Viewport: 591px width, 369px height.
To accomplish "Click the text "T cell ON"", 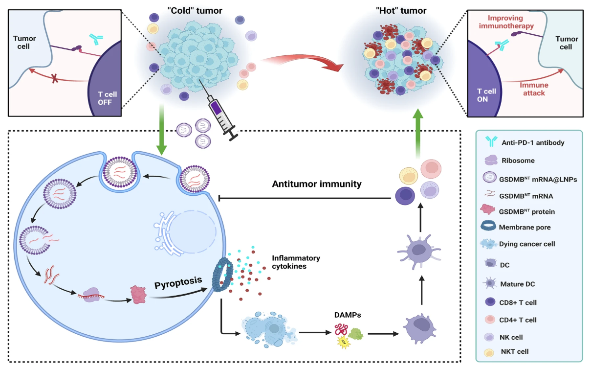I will pyautogui.click(x=486, y=95).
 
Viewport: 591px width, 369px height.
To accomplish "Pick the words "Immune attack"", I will pyautogui.click(x=534, y=89).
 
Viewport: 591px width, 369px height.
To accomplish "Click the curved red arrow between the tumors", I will pyautogui.click(x=303, y=64).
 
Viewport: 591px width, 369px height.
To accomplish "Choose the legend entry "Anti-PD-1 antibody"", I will pyautogui.click(x=525, y=143).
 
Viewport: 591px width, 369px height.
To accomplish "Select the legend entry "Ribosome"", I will pyautogui.click(x=516, y=160).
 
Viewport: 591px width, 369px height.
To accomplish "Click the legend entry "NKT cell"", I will pyautogui.click(x=515, y=351).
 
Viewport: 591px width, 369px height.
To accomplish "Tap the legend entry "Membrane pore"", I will pyautogui.click(x=525, y=227).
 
